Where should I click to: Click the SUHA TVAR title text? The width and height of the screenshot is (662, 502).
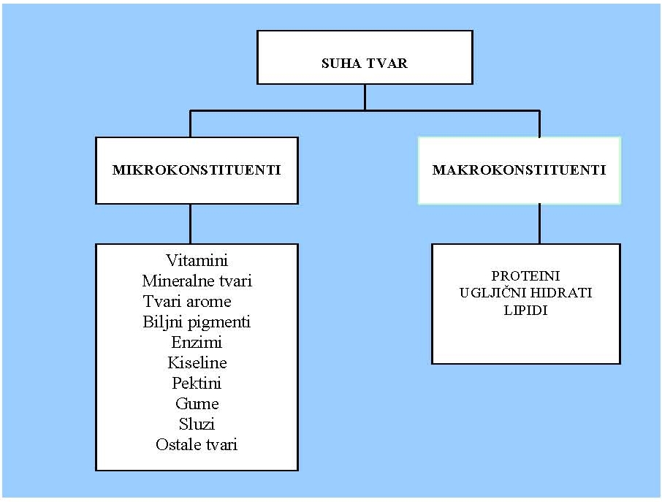(x=365, y=64)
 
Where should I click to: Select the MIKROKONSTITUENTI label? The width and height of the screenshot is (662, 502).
(x=197, y=170)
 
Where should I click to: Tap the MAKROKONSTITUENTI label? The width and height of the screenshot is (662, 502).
(x=520, y=170)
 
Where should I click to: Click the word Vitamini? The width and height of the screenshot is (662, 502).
(x=197, y=260)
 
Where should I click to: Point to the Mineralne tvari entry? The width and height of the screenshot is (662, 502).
(x=197, y=281)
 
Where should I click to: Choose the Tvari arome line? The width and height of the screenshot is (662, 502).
(x=188, y=301)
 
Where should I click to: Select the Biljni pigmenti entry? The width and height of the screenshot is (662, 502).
(x=197, y=322)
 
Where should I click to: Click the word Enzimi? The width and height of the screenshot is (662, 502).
(x=197, y=342)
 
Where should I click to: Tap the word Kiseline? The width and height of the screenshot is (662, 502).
(x=197, y=362)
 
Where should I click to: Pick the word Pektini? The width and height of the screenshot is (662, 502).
(x=197, y=383)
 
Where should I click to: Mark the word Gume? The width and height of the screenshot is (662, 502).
(x=197, y=403)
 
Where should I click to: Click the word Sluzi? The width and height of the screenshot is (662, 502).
(x=197, y=424)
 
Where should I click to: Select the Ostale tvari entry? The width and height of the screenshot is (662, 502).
(x=197, y=444)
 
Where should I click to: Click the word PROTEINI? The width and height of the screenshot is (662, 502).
(x=525, y=276)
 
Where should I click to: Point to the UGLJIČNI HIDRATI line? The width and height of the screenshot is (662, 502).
(x=525, y=293)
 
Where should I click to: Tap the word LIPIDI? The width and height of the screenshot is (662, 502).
(x=525, y=311)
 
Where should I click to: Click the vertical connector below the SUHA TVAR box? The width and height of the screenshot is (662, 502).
(x=365, y=97)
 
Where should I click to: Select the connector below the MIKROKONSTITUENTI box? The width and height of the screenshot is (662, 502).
(x=191, y=224)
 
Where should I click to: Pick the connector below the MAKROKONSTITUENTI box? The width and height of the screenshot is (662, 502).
(x=539, y=224)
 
